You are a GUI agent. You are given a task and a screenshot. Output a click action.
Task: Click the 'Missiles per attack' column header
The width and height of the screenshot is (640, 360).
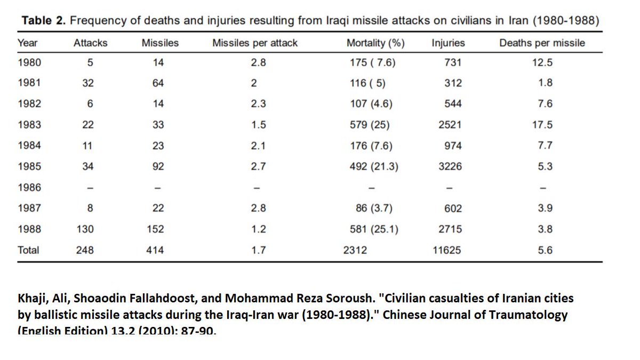click(255, 43)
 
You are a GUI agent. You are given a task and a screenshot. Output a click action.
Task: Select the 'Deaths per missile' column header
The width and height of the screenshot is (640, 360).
click(542, 43)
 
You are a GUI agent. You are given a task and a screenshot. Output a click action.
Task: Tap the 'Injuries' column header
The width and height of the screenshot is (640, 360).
click(448, 43)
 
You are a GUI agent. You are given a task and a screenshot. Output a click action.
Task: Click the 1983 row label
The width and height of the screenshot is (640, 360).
click(29, 125)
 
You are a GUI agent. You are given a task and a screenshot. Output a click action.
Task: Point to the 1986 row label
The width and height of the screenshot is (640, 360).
click(29, 187)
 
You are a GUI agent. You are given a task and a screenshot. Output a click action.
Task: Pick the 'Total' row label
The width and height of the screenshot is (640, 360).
click(28, 250)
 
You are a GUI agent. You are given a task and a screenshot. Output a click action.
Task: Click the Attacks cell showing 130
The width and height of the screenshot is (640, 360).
click(85, 229)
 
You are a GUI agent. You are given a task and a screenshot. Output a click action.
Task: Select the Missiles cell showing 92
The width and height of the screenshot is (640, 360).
click(158, 166)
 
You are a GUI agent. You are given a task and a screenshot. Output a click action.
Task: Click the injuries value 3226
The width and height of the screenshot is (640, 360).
click(450, 166)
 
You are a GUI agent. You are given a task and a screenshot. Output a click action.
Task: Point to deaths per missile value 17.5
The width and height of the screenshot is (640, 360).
click(545, 125)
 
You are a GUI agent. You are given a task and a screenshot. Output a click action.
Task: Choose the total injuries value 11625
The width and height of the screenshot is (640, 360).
click(447, 250)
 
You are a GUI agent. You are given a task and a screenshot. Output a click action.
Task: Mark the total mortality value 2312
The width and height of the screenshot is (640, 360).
click(355, 250)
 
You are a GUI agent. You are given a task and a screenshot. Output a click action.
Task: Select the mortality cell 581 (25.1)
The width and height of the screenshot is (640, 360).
click(373, 229)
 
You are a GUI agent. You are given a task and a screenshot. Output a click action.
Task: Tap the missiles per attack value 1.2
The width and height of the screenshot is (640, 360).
click(258, 229)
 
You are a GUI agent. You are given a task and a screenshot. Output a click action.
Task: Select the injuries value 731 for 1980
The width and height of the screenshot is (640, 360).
click(453, 62)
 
